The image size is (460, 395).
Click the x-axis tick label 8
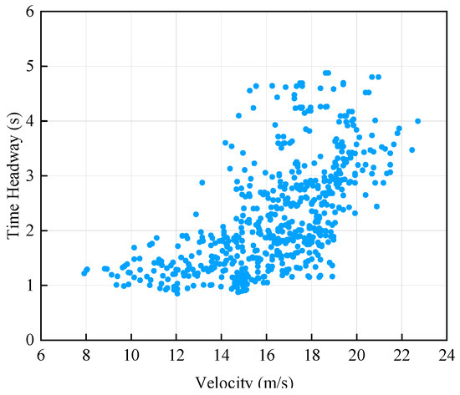(x=85, y=354)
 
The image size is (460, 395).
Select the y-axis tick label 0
(x=29, y=340)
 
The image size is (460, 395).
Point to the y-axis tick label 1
(x=29, y=286)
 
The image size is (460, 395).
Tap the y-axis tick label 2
(x=29, y=230)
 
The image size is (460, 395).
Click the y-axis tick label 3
(x=29, y=176)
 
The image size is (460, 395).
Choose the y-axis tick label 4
(x=29, y=121)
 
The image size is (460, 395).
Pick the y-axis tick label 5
(x=29, y=67)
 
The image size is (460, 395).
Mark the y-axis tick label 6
(x=29, y=13)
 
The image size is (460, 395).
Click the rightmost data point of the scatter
(x=417, y=121)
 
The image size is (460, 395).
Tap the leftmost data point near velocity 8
(x=84, y=272)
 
